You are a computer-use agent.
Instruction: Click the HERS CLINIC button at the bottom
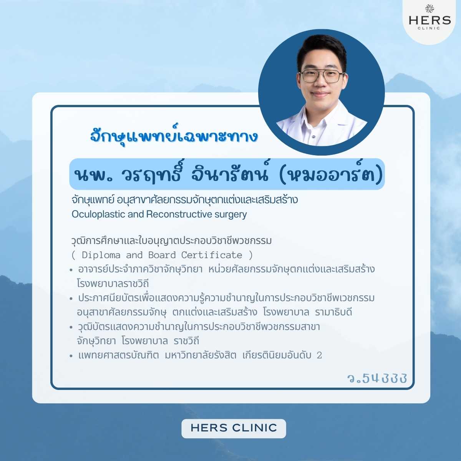point(234,428)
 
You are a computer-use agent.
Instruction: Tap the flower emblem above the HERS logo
point(430,9)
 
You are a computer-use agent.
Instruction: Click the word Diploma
point(101,255)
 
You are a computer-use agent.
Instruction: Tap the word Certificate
point(212,255)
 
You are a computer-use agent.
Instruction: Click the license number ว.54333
point(377,378)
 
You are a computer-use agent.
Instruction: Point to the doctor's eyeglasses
point(322,76)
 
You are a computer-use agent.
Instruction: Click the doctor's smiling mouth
point(320,94)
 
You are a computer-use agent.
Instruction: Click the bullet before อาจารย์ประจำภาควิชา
point(71,270)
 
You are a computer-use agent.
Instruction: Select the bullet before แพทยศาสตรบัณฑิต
point(71,356)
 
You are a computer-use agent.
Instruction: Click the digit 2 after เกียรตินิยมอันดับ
point(319,355)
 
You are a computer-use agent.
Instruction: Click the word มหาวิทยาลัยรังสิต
point(201,355)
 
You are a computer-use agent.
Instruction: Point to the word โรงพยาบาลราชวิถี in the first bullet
point(113,284)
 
